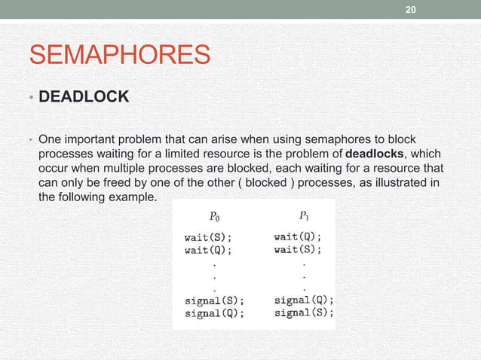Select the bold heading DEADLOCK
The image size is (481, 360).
tap(84, 98)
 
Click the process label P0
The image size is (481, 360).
tap(214, 217)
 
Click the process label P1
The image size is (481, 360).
tap(304, 216)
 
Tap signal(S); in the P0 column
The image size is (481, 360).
tap(215, 301)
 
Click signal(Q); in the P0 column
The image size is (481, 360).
tap(215, 314)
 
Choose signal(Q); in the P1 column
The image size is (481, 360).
tap(304, 299)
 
